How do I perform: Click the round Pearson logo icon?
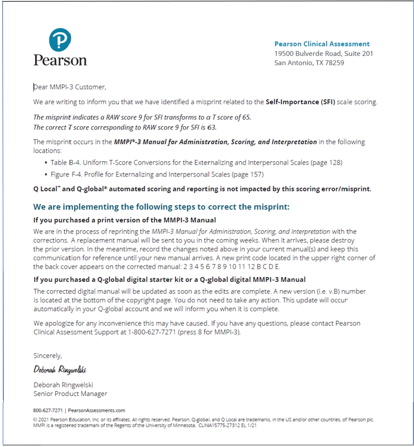(60, 40)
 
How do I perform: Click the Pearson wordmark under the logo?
(60, 60)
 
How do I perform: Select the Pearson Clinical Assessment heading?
(322, 44)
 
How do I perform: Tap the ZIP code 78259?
(333, 63)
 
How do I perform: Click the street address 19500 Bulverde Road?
(307, 53)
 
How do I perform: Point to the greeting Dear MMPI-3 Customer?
(70, 87)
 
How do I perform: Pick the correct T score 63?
(211, 127)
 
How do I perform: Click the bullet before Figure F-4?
(46, 174)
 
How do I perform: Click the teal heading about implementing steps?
(161, 207)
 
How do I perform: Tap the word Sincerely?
(48, 355)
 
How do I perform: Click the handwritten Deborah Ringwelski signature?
(60, 369)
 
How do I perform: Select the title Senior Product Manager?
(70, 393)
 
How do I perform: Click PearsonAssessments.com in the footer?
(97, 410)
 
